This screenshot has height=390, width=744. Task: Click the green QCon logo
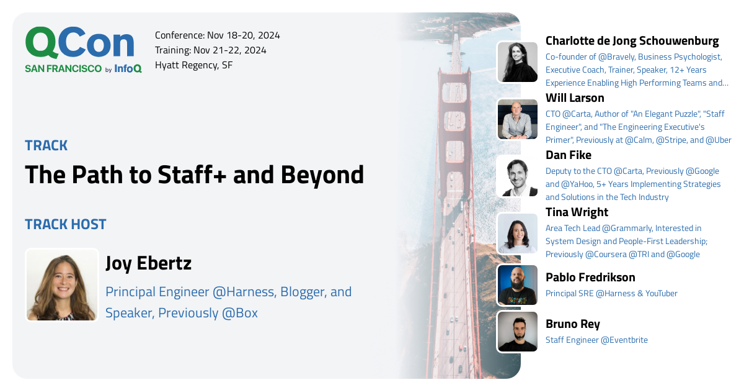(79, 43)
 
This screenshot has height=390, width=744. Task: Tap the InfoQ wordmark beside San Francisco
(128, 69)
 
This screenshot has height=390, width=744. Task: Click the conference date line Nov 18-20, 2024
(217, 35)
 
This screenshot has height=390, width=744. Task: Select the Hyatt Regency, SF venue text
(193, 65)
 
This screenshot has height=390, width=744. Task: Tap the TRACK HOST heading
(66, 224)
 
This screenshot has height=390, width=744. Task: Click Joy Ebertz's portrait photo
(61, 285)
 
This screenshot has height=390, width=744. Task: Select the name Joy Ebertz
(148, 263)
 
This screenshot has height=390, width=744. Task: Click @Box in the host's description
(239, 313)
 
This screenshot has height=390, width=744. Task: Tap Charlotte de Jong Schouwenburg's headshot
(517, 62)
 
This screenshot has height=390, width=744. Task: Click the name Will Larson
(574, 98)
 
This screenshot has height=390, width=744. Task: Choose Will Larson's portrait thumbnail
(517, 119)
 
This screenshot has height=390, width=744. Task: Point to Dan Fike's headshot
(517, 176)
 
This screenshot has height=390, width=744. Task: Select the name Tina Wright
(577, 212)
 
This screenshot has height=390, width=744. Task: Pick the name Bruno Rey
(572, 324)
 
